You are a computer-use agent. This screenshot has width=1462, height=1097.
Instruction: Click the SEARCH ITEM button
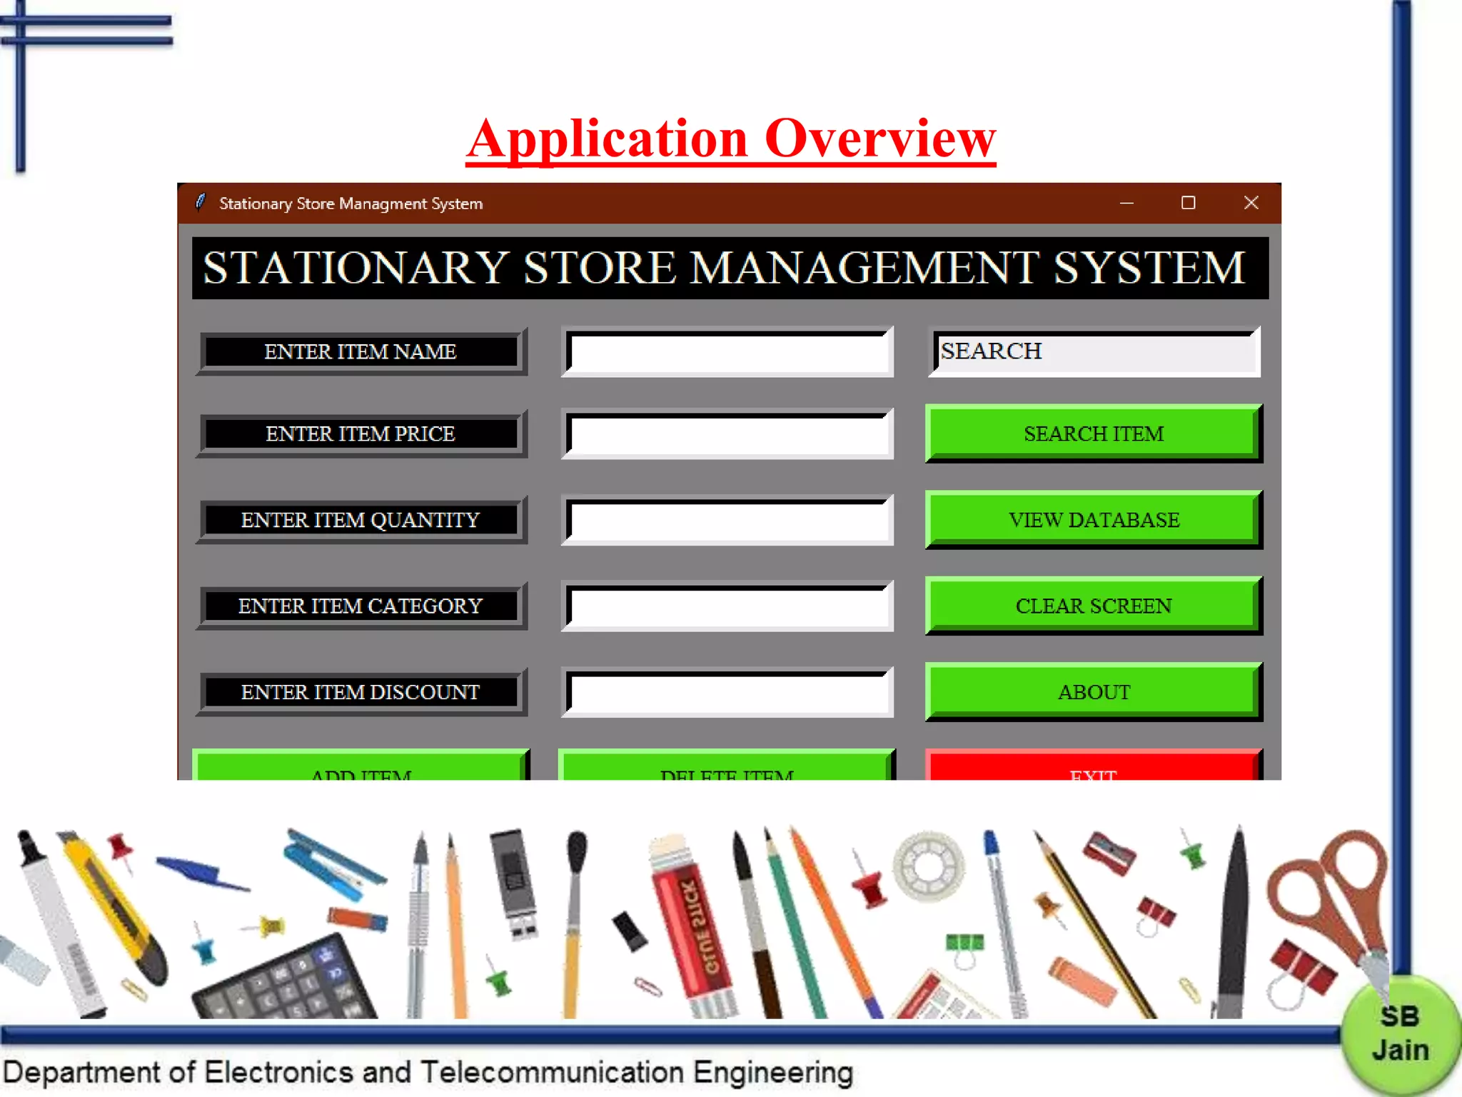point(1093,434)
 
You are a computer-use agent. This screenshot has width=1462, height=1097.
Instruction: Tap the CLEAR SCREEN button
point(1093,606)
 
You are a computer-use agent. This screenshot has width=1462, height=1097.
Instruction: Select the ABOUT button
point(1093,691)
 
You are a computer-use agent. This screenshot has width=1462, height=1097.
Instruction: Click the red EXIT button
point(1093,767)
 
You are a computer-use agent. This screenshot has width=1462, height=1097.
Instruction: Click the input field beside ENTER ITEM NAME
point(727,352)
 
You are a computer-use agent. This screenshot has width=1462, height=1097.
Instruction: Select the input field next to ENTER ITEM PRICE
point(727,434)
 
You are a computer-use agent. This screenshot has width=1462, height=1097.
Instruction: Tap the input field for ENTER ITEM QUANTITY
point(727,520)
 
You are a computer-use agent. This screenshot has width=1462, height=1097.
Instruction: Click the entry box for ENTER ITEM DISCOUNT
point(727,692)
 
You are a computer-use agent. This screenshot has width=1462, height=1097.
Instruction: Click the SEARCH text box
point(1094,352)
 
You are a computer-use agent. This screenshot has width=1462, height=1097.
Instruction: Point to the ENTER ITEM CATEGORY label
point(361,606)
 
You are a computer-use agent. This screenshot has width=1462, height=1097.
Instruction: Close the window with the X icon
point(1251,203)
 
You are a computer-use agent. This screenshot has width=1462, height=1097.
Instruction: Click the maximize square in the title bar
point(1188,203)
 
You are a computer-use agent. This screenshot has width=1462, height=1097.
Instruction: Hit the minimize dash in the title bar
point(1126,203)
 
